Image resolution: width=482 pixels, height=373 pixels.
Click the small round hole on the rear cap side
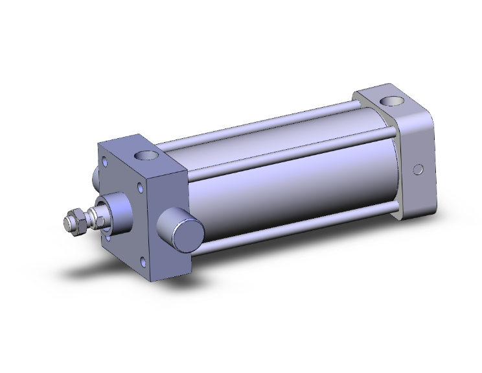418,169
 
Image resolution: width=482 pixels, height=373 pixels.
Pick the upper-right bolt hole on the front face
141,189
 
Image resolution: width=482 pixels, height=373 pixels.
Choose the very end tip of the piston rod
66,222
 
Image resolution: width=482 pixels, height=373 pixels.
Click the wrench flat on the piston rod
97,217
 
